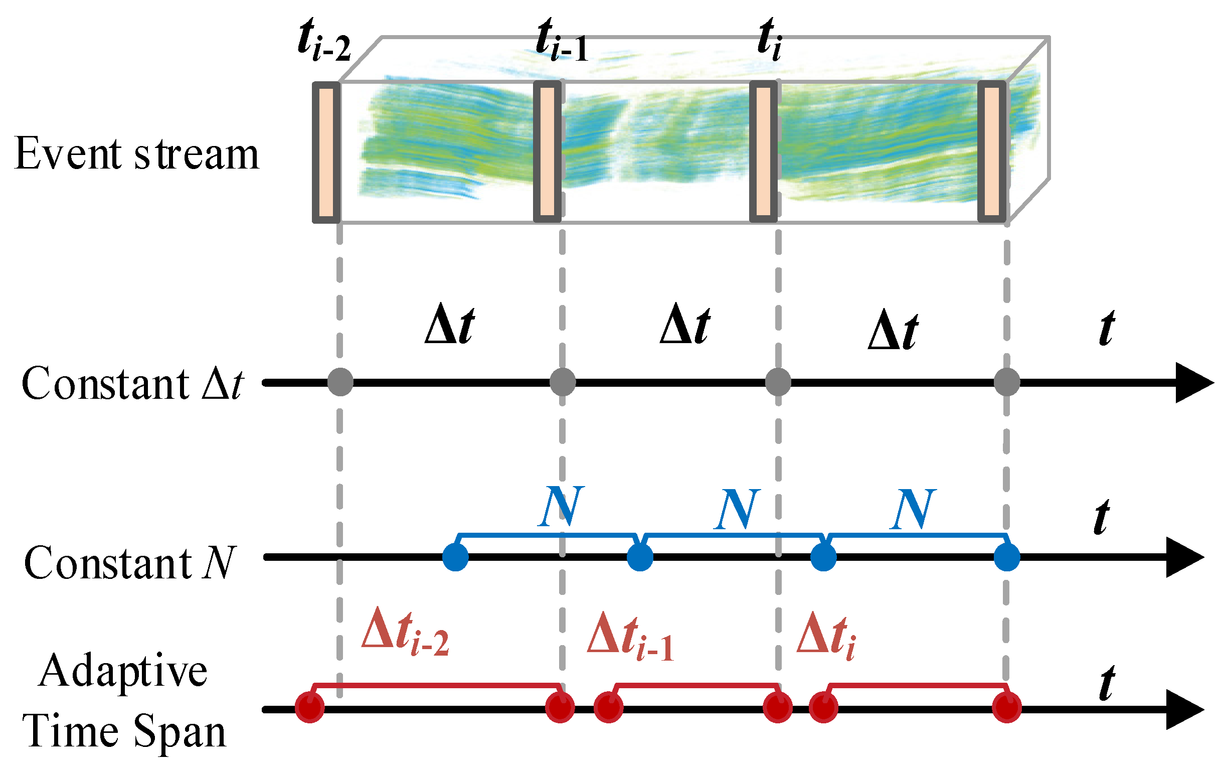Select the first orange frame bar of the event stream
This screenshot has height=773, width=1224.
pyautogui.click(x=326, y=151)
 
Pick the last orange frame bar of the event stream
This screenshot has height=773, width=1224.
pyautogui.click(x=992, y=151)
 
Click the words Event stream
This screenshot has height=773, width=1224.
pyautogui.click(x=137, y=154)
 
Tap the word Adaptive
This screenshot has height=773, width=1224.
pyautogui.click(x=123, y=671)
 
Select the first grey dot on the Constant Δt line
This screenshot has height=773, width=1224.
pyautogui.click(x=340, y=382)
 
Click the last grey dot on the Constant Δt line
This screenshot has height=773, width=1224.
pyautogui.click(x=1006, y=382)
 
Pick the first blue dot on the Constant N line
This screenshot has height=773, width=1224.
pyautogui.click(x=455, y=557)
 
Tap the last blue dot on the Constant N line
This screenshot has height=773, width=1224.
pyautogui.click(x=1006, y=557)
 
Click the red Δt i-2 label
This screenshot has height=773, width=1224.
pyautogui.click(x=405, y=632)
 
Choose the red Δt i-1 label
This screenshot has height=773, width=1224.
pyautogui.click(x=630, y=636)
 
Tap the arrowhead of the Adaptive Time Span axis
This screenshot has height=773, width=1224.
pyautogui.click(x=1184, y=709)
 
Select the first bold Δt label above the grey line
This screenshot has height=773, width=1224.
pyautogui.click(x=449, y=326)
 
